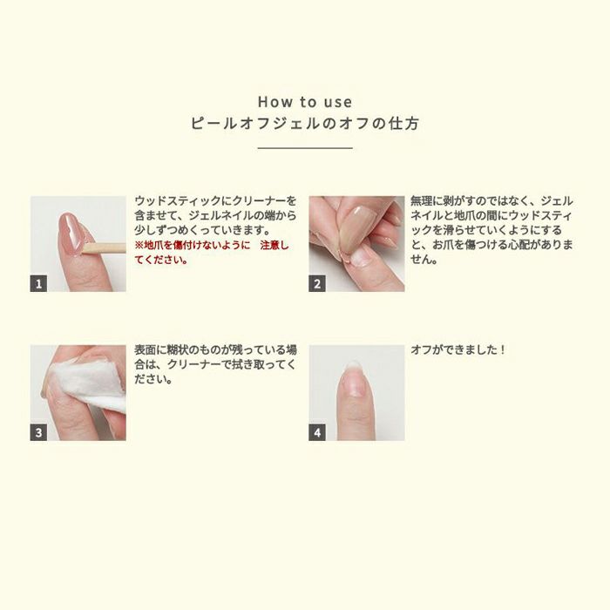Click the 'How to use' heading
(x=305, y=102)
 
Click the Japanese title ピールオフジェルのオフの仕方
(x=305, y=124)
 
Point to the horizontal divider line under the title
(x=305, y=148)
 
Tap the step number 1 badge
(x=38, y=283)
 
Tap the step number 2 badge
(x=317, y=283)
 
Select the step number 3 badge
(x=38, y=432)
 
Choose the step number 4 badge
(x=317, y=432)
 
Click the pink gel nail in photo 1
(x=71, y=233)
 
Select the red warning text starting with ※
(x=212, y=253)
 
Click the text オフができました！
(x=457, y=349)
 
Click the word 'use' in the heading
(x=338, y=103)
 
